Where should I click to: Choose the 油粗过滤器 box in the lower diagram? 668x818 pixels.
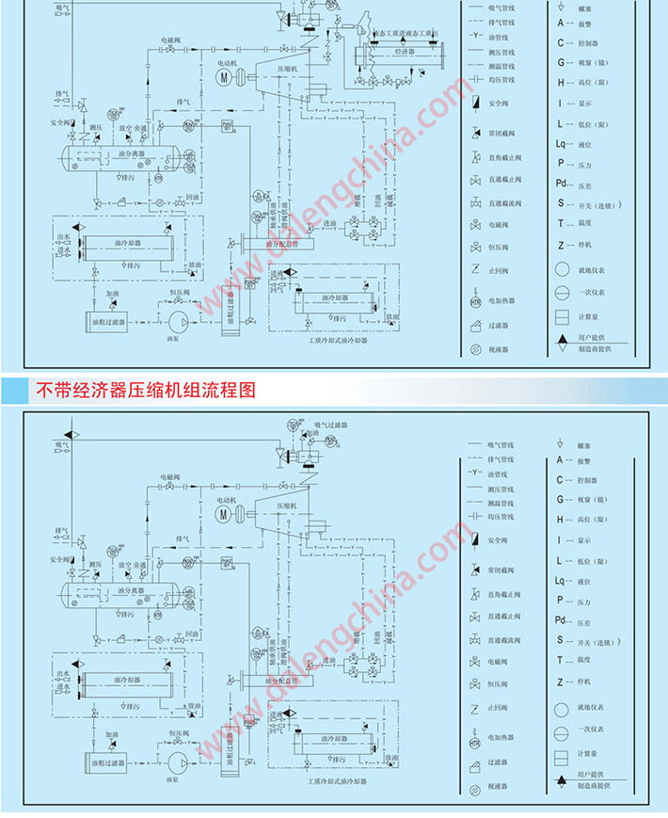[104, 755]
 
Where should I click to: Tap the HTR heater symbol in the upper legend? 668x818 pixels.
[475, 302]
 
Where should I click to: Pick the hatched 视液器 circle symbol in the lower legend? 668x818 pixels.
[475, 785]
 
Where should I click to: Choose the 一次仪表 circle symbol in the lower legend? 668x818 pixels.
[562, 729]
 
